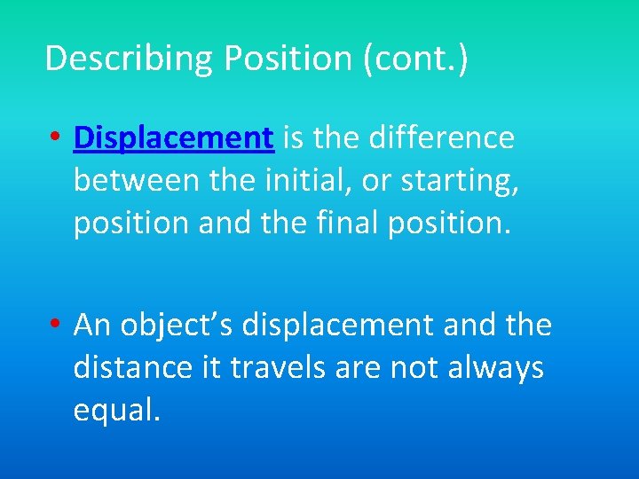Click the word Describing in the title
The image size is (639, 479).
pyautogui.click(x=130, y=59)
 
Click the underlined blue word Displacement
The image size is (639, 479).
pyautogui.click(x=173, y=137)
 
